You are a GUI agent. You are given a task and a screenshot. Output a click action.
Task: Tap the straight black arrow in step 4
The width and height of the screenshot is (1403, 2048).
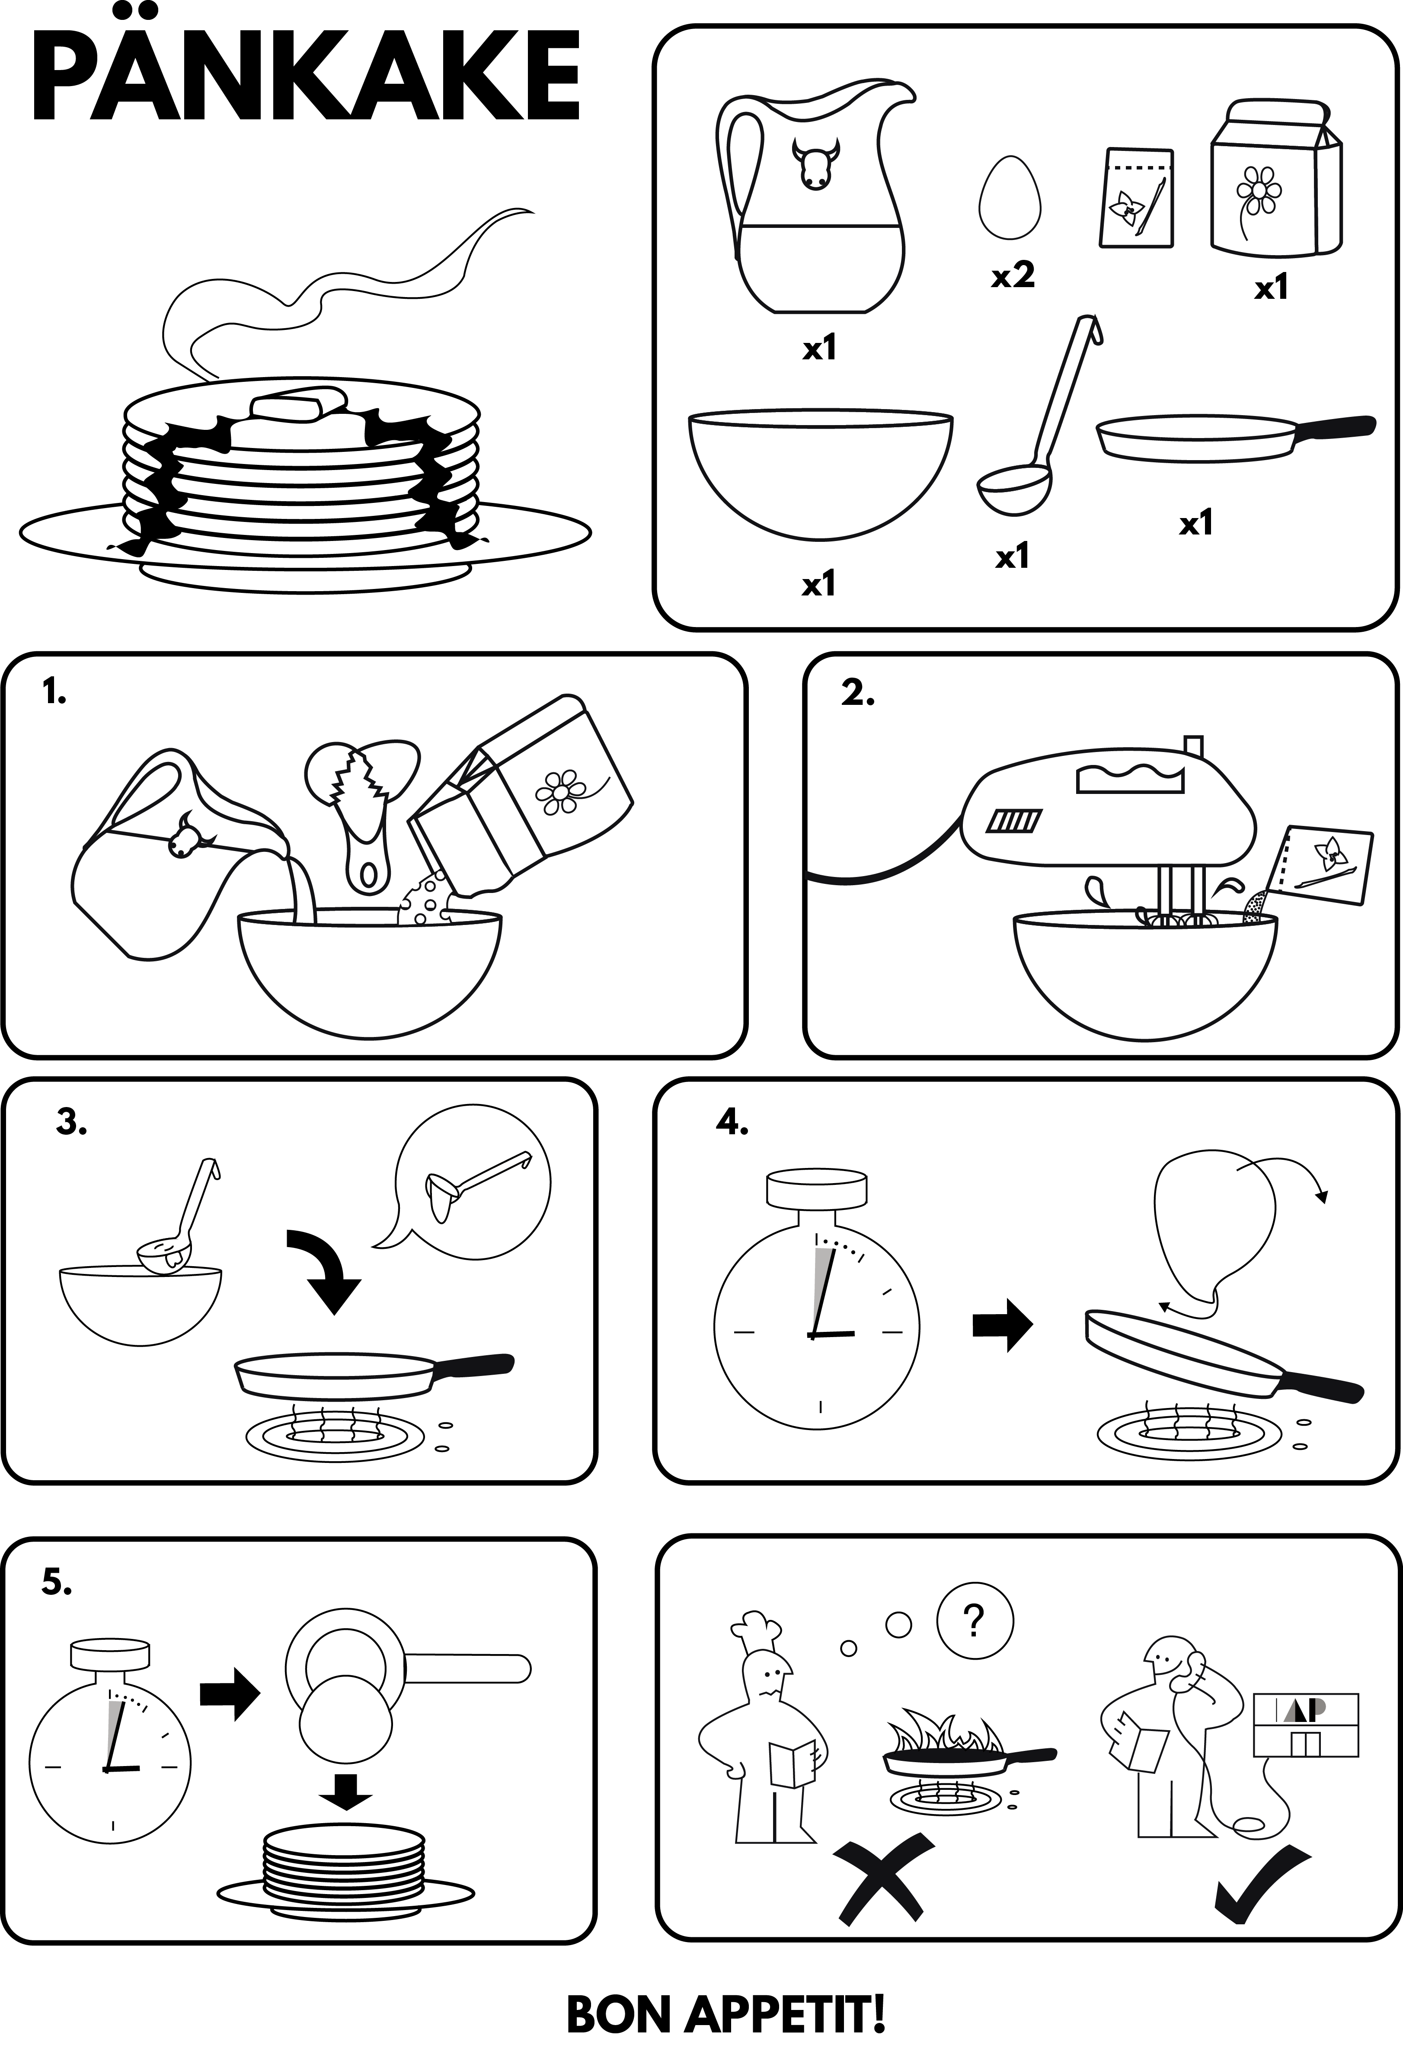[x=1002, y=1324]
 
